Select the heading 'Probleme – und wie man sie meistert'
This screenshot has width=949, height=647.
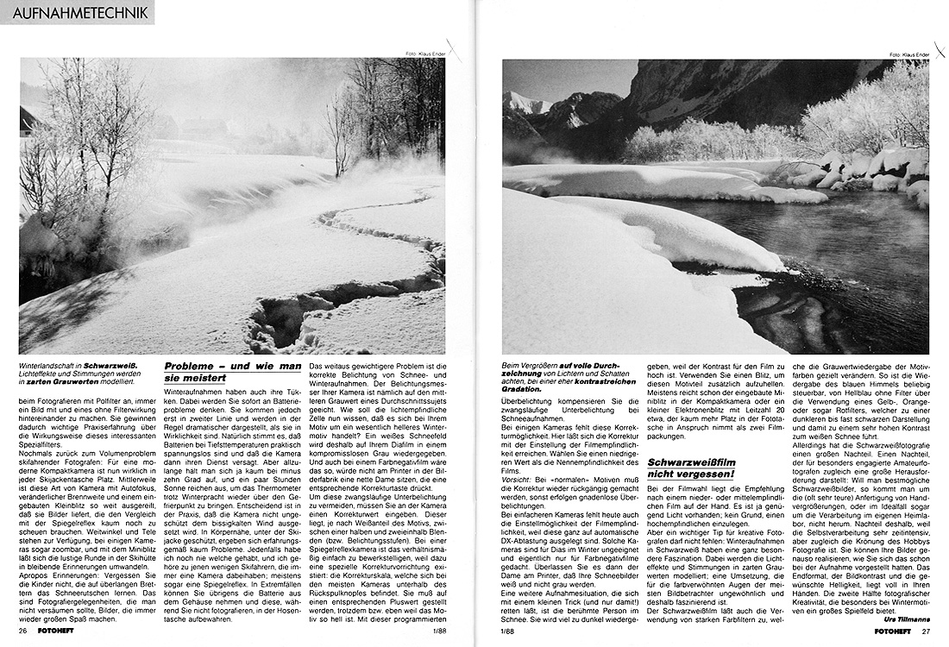click(232, 372)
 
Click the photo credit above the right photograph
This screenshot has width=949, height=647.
click(909, 54)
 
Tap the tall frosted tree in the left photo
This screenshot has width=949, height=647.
click(95, 129)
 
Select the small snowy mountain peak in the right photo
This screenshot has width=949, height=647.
click(525, 103)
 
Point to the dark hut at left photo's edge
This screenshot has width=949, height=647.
click(28, 121)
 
